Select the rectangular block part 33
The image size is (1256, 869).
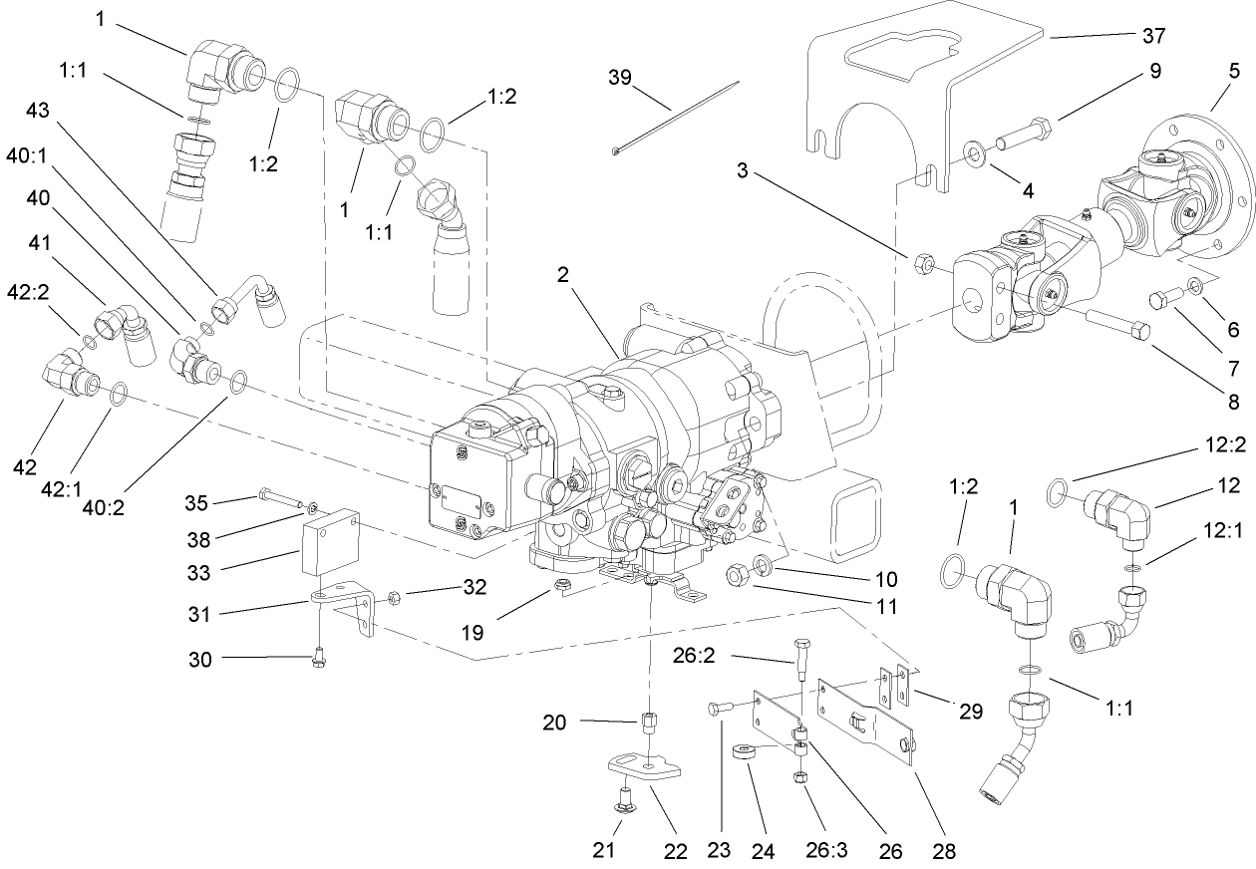click(329, 542)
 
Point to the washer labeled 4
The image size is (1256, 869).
click(972, 153)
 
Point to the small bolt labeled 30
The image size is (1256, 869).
click(318, 659)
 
